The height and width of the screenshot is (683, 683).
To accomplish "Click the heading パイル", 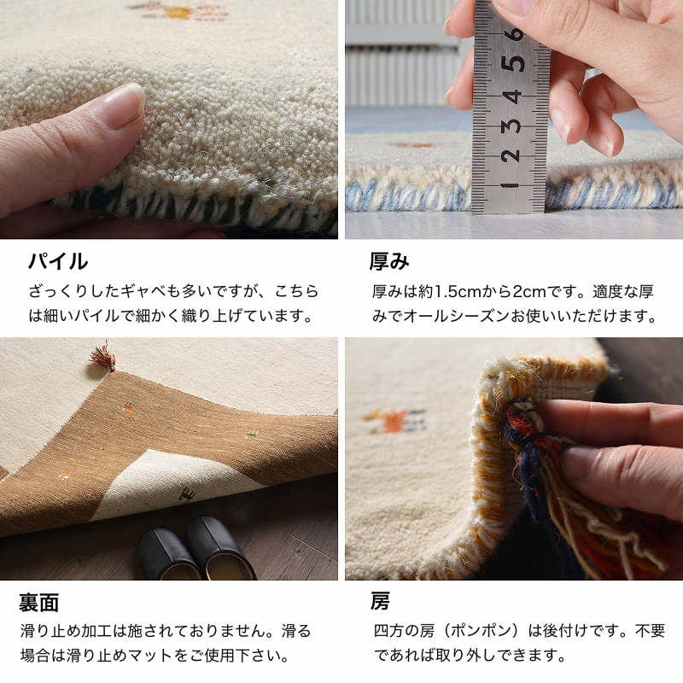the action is click(58, 261).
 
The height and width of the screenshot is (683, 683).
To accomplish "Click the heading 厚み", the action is click(389, 261).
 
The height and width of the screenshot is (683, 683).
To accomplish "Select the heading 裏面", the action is click(38, 603).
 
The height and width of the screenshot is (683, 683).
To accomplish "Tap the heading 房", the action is click(380, 602).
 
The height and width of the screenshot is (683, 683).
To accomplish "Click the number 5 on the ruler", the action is click(513, 63).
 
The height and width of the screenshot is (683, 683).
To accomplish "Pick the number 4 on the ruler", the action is click(512, 96).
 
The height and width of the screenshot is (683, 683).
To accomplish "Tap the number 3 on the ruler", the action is click(511, 126).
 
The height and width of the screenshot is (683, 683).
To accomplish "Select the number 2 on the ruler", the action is click(510, 155).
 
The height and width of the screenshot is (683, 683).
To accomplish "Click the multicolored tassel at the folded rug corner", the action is click(103, 357).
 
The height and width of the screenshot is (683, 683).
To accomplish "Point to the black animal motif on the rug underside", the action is click(187, 495).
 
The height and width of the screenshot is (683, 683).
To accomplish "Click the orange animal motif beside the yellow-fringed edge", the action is click(394, 421).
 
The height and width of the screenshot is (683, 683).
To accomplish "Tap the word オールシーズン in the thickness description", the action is click(457, 316).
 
